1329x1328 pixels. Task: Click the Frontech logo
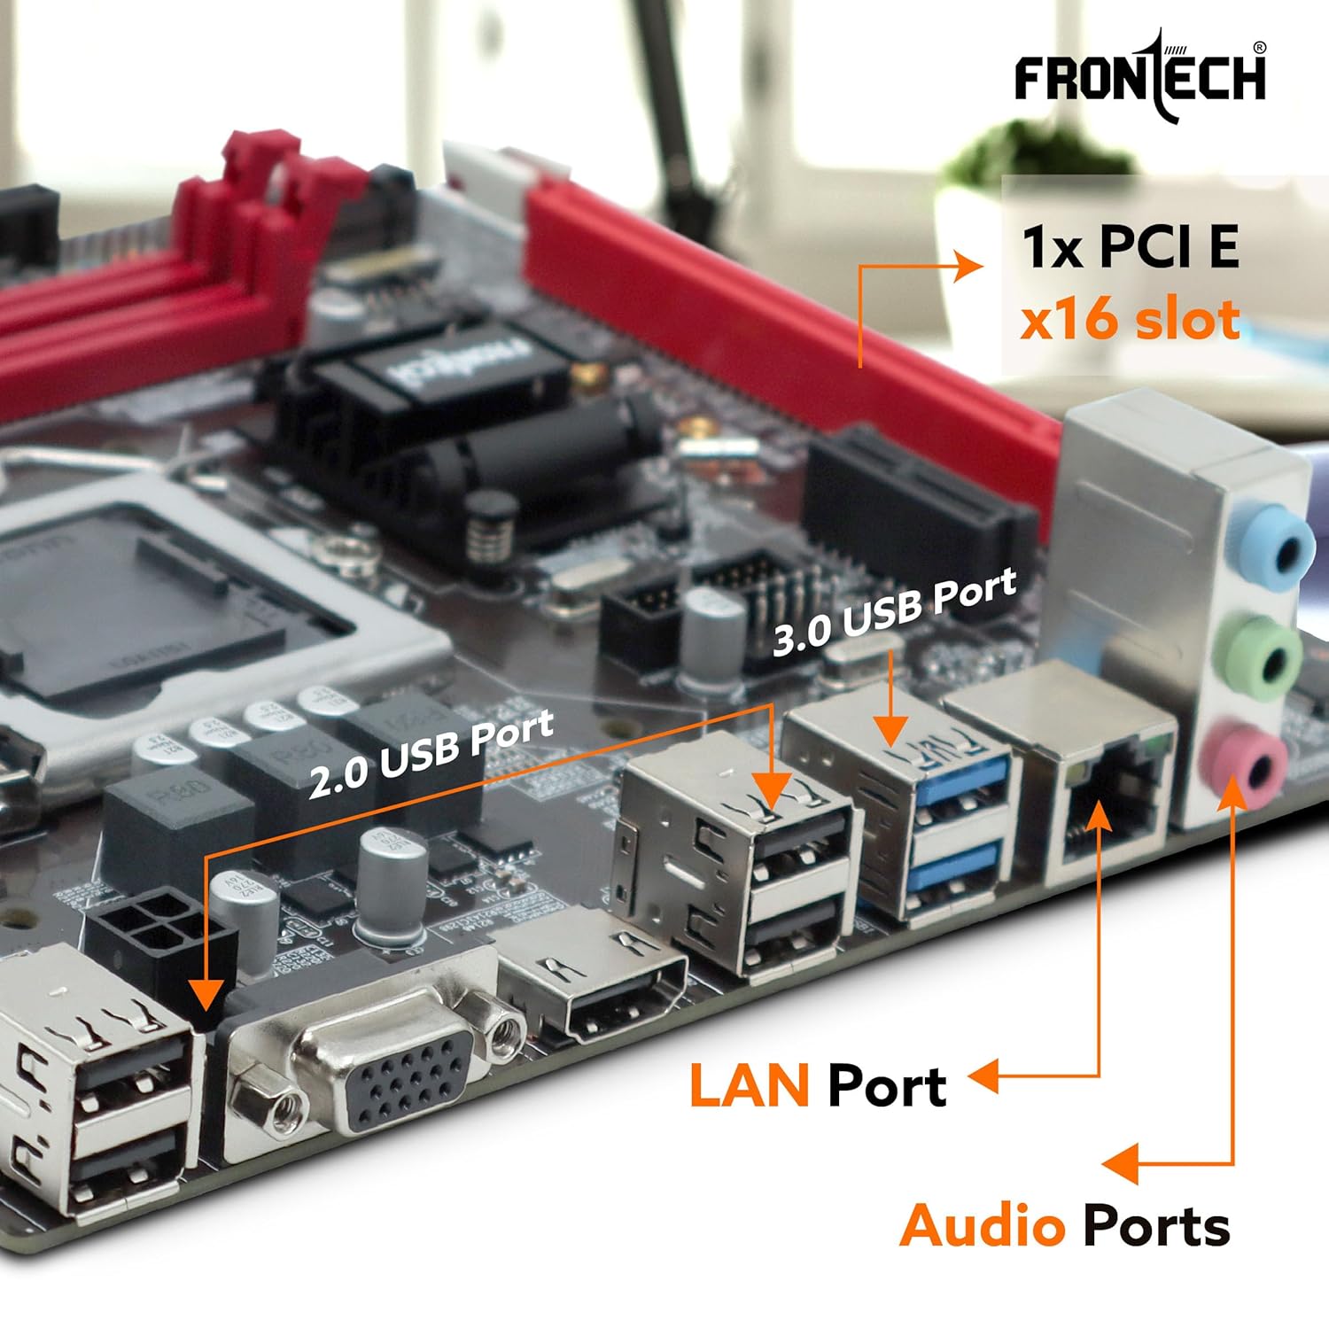(x=1140, y=75)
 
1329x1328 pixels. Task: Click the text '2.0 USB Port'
(x=431, y=755)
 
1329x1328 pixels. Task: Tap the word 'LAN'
(x=749, y=1086)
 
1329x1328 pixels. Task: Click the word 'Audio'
(x=982, y=1227)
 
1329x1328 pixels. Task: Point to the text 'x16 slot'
(x=1129, y=320)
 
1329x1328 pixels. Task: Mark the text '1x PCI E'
(x=1130, y=246)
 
